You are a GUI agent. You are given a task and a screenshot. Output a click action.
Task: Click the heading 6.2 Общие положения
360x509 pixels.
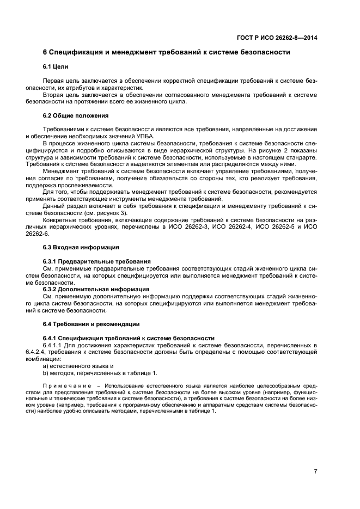pos(76,115)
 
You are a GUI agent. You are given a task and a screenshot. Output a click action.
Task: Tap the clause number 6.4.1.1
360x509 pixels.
pos(54,345)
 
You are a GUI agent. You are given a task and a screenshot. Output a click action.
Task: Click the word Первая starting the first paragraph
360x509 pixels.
pos(53,80)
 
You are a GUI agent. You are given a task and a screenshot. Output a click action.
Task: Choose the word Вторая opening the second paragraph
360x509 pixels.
pos(53,94)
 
